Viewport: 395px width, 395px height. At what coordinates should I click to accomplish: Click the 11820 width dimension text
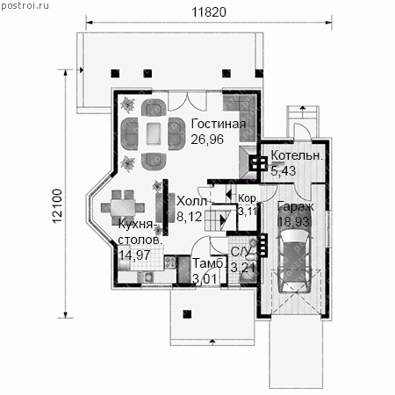pos(209,12)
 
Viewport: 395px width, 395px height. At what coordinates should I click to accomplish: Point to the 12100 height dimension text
pos(57,206)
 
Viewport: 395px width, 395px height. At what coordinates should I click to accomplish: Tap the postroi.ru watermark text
pos(25,5)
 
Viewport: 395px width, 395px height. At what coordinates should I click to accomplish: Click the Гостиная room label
pos(219,124)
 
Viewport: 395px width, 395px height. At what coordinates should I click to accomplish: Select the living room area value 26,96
pos(207,140)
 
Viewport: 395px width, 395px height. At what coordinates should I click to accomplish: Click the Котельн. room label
pos(297,155)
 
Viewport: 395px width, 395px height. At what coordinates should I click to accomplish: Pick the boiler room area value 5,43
pos(284,170)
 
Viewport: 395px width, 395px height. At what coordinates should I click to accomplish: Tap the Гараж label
pos(296,206)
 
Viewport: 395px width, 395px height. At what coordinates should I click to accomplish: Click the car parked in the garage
pos(294,261)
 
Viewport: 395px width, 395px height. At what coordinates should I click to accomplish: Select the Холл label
pos(192,201)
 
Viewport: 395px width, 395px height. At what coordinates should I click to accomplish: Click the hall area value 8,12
pos(190,217)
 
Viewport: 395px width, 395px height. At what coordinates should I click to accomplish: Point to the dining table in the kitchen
pos(123,207)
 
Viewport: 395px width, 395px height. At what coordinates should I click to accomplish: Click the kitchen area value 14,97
pos(134,255)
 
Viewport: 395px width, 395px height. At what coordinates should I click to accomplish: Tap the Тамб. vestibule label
pos(210,263)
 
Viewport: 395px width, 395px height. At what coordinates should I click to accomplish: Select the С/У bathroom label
pos(241,252)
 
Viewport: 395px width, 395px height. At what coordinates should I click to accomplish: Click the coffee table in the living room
pos(154,133)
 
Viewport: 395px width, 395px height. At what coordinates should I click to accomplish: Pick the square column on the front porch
pos(187,314)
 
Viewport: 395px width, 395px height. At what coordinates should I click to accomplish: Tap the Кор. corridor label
pos(248,198)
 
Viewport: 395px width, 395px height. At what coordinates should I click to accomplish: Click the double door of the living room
pos(188,101)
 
